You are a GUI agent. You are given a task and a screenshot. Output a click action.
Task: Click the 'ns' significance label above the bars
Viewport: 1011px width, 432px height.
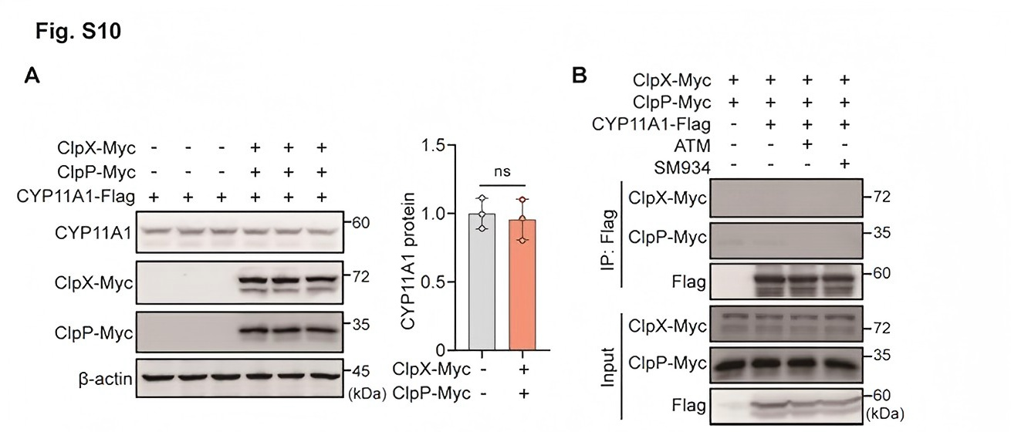coord(502,171)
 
